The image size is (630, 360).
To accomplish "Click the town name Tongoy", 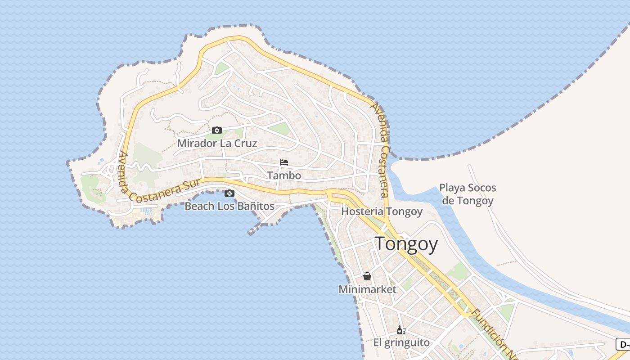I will [406, 244].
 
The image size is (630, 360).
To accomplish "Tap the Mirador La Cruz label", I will [217, 144].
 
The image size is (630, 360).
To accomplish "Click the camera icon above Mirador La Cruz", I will [217, 130].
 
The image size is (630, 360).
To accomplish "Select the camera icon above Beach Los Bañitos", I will [229, 193].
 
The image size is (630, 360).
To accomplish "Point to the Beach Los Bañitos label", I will [229, 206].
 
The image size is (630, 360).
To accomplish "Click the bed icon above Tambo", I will [284, 162].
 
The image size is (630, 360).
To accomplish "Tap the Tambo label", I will [284, 175].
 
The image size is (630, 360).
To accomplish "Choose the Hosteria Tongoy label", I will [382, 211].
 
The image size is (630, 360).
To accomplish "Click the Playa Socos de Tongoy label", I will [468, 194].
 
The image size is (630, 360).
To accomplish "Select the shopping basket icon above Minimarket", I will [367, 276].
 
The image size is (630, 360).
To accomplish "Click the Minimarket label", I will [367, 289].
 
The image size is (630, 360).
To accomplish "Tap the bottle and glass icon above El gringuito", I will [401, 330].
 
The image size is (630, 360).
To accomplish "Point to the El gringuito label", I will [401, 343].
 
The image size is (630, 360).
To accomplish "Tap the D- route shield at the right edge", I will [623, 345].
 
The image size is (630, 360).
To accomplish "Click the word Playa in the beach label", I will [453, 188].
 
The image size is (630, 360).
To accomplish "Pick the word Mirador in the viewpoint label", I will [197, 144].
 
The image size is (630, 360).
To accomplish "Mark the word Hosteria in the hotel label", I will [362, 211].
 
